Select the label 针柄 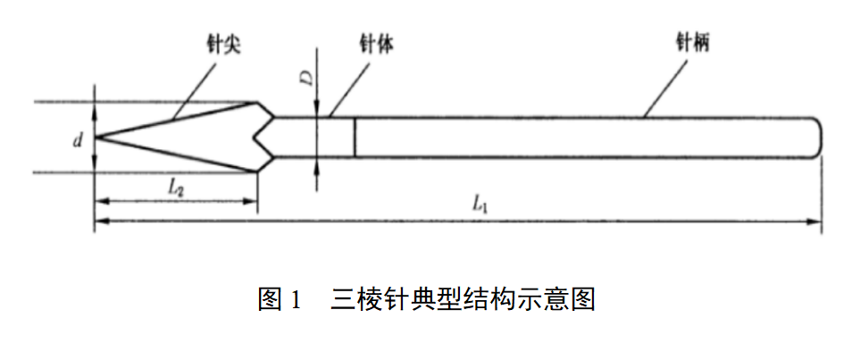coord(694,41)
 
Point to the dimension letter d coord(79,139)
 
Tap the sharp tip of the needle coord(96,138)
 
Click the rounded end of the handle coord(816,138)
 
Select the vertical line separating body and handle coord(355,138)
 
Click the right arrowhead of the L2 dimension coord(252,200)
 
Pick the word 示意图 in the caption coord(560,298)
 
